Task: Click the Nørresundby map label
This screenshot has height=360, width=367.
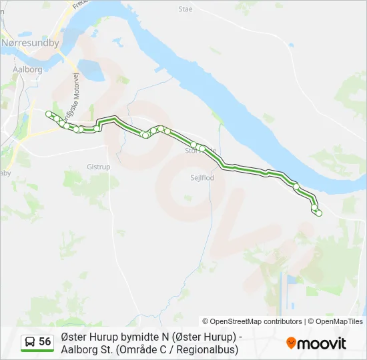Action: click(x=31, y=43)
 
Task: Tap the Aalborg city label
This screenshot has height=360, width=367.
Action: click(x=27, y=69)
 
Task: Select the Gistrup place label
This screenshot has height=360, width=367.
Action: click(x=98, y=167)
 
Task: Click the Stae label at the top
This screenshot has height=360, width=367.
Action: click(x=186, y=9)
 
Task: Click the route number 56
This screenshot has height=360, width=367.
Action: click(x=45, y=342)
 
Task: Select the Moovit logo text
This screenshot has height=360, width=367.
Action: click(x=322, y=343)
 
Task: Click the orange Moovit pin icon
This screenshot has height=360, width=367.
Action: click(x=291, y=343)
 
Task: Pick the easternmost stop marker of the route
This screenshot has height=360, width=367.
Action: click(x=319, y=213)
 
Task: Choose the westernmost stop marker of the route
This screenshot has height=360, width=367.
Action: click(x=48, y=114)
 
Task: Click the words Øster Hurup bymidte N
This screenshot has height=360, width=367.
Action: click(x=114, y=337)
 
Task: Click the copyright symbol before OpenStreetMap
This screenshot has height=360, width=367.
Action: click(x=206, y=321)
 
